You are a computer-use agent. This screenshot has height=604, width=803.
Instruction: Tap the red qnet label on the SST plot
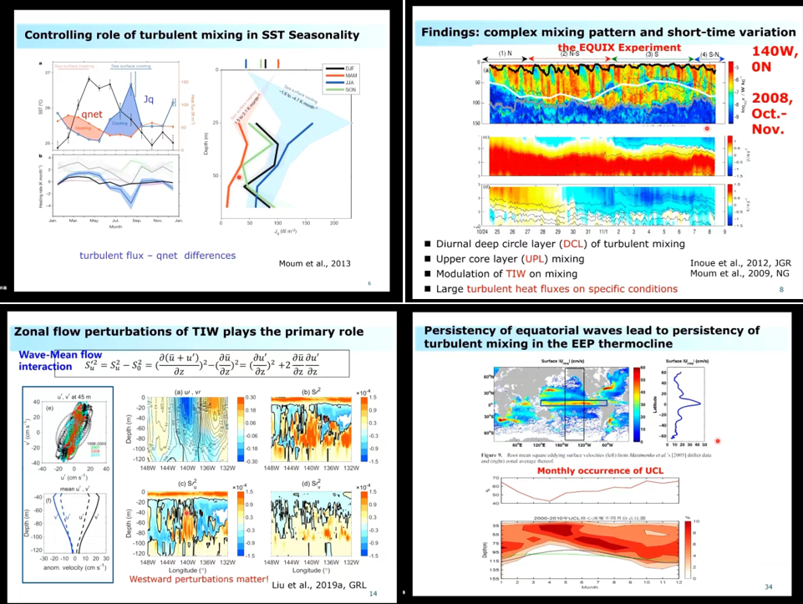tap(92, 114)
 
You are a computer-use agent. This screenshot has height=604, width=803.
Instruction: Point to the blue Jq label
tap(150, 99)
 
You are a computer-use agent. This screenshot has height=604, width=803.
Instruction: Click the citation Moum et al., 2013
tap(314, 264)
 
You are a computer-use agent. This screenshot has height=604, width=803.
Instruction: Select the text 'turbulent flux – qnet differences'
tap(157, 255)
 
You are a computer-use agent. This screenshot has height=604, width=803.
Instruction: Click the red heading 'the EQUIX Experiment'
tap(619, 48)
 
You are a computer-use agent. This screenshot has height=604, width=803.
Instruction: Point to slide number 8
tap(780, 289)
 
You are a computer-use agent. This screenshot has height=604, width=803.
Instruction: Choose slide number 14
tap(372, 594)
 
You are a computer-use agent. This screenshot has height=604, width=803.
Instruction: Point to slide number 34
tap(770, 586)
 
